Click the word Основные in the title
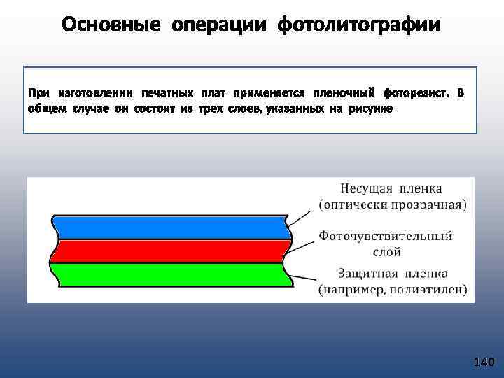click(x=111, y=25)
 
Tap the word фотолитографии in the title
click(x=359, y=25)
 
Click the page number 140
click(x=484, y=362)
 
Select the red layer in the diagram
click(x=168, y=251)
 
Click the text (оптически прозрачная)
click(x=393, y=204)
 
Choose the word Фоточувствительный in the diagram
click(x=386, y=236)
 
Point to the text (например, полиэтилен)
click(x=393, y=290)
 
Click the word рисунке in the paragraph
click(x=370, y=109)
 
